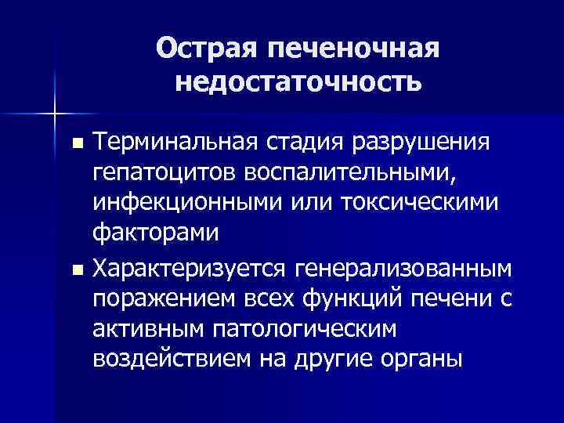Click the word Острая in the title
click(x=205, y=49)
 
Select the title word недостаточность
click(x=298, y=81)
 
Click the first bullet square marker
click(x=76, y=145)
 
